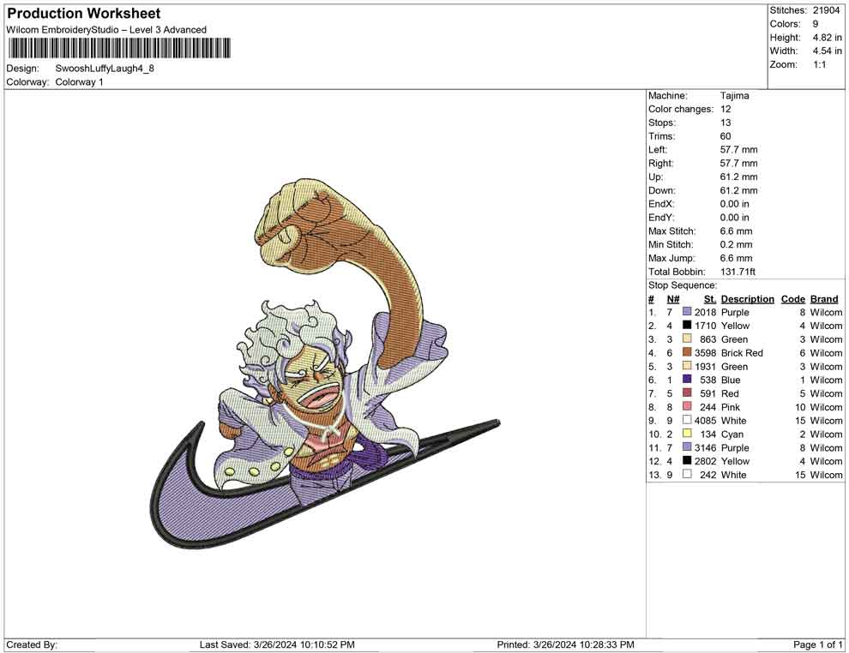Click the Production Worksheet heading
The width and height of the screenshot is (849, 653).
click(x=84, y=14)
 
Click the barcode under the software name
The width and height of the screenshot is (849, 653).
click(x=118, y=48)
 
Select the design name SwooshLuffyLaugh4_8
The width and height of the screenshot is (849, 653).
click(x=105, y=69)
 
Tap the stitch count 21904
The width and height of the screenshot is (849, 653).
click(x=826, y=10)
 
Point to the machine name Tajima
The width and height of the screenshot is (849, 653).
click(x=734, y=96)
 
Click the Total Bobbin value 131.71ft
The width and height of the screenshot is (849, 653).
click(x=738, y=272)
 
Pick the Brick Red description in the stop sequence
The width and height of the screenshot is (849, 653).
click(x=742, y=353)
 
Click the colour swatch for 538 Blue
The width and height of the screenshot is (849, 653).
click(x=687, y=380)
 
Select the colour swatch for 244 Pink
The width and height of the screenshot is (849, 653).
click(x=687, y=406)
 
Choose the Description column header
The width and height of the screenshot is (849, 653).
click(x=747, y=299)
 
